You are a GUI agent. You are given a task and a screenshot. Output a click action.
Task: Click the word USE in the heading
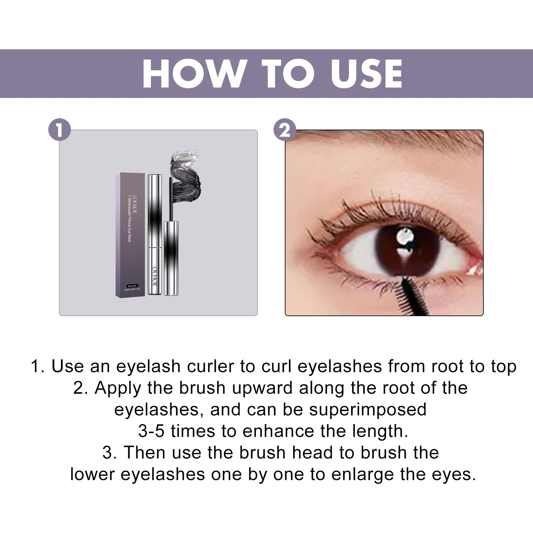click(x=366, y=74)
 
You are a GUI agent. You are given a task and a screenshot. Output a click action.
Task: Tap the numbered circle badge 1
click(x=60, y=130)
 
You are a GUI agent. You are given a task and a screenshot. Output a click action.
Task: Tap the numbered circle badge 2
click(x=284, y=130)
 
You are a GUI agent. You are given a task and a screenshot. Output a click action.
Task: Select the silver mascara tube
click(x=155, y=233)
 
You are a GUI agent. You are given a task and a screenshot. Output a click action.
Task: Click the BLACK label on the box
click(x=133, y=286)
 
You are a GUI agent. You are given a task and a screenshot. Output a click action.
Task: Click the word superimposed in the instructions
click(x=368, y=409)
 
